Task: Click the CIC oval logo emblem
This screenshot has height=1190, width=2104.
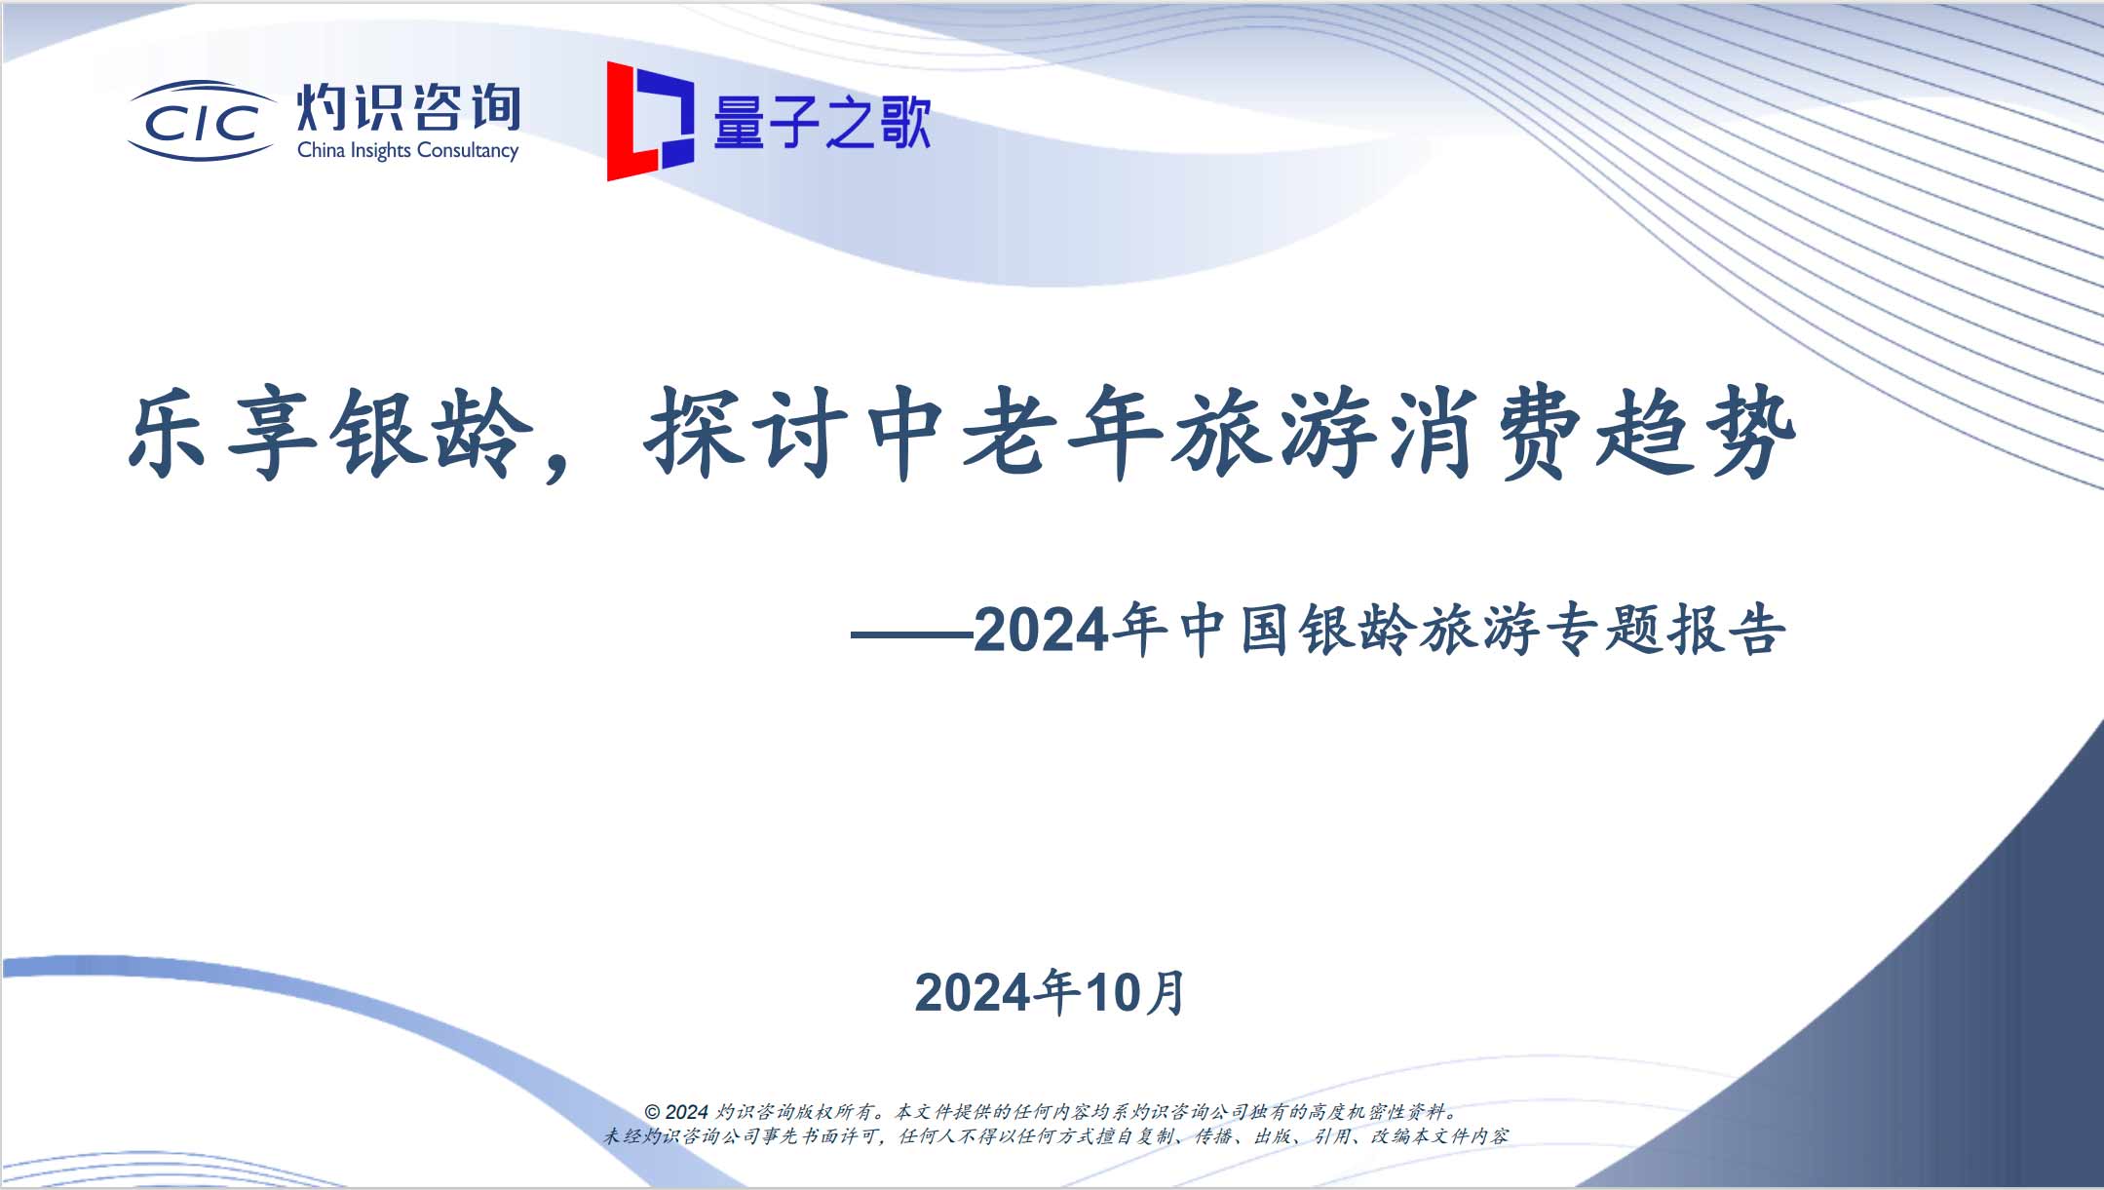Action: coord(202,121)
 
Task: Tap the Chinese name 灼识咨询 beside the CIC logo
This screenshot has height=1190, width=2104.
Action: coord(408,107)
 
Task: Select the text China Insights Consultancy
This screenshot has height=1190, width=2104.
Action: coord(407,150)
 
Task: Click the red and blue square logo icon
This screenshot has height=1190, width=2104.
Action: coord(650,121)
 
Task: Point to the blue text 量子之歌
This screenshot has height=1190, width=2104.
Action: coord(822,123)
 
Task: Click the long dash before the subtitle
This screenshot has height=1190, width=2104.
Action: coord(912,634)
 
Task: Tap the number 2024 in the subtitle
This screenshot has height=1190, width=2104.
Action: coord(1041,631)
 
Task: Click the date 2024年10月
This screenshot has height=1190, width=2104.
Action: coord(1051,992)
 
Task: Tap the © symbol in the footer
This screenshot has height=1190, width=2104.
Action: coord(652,1112)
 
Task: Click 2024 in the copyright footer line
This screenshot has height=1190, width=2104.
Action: coord(687,1112)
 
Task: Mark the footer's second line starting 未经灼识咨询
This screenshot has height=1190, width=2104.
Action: coord(1055,1136)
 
